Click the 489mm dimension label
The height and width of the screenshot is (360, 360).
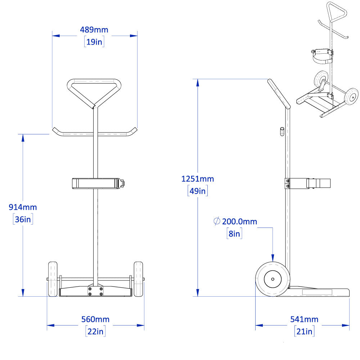tap(94, 30)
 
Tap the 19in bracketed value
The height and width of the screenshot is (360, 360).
tap(94, 42)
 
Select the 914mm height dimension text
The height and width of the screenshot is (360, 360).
tap(23, 207)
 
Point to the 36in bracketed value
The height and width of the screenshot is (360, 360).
tap(23, 219)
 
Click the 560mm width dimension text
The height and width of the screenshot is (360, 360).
tap(95, 319)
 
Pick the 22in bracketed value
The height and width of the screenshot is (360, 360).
tap(95, 331)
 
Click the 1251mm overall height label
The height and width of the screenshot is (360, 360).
tap(198, 179)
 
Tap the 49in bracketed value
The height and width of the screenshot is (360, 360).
tap(198, 191)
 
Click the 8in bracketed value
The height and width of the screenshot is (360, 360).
tap(234, 234)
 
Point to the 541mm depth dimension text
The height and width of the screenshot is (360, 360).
tap(304, 319)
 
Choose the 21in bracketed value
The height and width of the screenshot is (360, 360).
tap(304, 331)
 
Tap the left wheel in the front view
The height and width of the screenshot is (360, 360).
tap(53, 279)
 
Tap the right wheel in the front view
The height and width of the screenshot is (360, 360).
tap(139, 279)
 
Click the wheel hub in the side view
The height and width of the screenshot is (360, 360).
tap(273, 279)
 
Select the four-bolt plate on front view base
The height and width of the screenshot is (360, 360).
tap(95, 291)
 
